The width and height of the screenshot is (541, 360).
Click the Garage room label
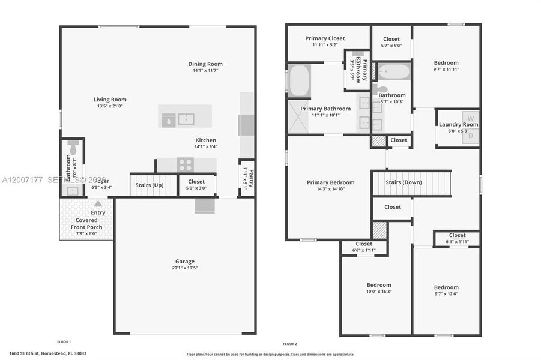pyautogui.click(x=185, y=261)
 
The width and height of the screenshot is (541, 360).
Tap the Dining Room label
pyautogui.click(x=205, y=64)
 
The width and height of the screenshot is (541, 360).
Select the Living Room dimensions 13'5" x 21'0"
pyautogui.click(x=110, y=106)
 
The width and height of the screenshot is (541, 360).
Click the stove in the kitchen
pyautogui.click(x=185, y=164)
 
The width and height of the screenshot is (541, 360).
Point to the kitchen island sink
pyautogui.click(x=186, y=118)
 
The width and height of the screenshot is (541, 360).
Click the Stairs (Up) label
pyautogui.click(x=149, y=185)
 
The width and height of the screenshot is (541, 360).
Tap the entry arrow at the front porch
pyautogui.click(x=98, y=204)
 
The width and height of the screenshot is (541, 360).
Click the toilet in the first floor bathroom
pyautogui.click(x=72, y=147)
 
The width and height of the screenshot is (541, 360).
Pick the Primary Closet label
pyautogui.click(x=325, y=38)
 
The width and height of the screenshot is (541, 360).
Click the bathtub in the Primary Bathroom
pyautogui.click(x=298, y=81)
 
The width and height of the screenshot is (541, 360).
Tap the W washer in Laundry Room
pyautogui.click(x=471, y=118)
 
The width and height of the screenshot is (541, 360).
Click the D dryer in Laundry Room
pyautogui.click(x=471, y=136)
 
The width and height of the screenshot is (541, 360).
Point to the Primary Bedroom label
pyautogui.click(x=330, y=182)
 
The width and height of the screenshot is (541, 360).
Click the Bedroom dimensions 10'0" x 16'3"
pyautogui.click(x=379, y=292)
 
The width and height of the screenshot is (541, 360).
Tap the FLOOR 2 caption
pyautogui.click(x=290, y=344)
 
